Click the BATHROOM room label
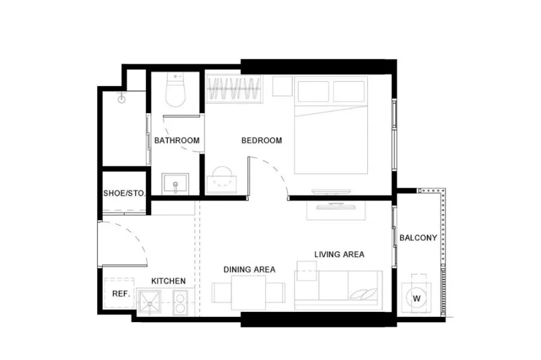(x=177, y=141)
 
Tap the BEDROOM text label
(x=261, y=141)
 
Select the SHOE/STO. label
(x=124, y=193)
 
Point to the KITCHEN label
(x=168, y=281)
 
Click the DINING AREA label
(x=249, y=269)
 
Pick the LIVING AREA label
(x=339, y=254)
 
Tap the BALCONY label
(x=418, y=237)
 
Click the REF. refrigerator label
(x=121, y=294)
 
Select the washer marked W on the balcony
(x=417, y=298)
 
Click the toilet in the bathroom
(x=176, y=90)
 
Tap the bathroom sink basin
(x=176, y=184)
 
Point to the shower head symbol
(x=121, y=99)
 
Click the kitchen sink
(x=150, y=302)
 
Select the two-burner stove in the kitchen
(x=180, y=302)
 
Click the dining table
(x=248, y=293)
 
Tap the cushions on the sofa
(x=363, y=293)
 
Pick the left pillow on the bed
(x=313, y=91)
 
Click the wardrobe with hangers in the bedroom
(x=234, y=89)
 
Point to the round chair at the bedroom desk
(x=222, y=177)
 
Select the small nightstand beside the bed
(x=283, y=86)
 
